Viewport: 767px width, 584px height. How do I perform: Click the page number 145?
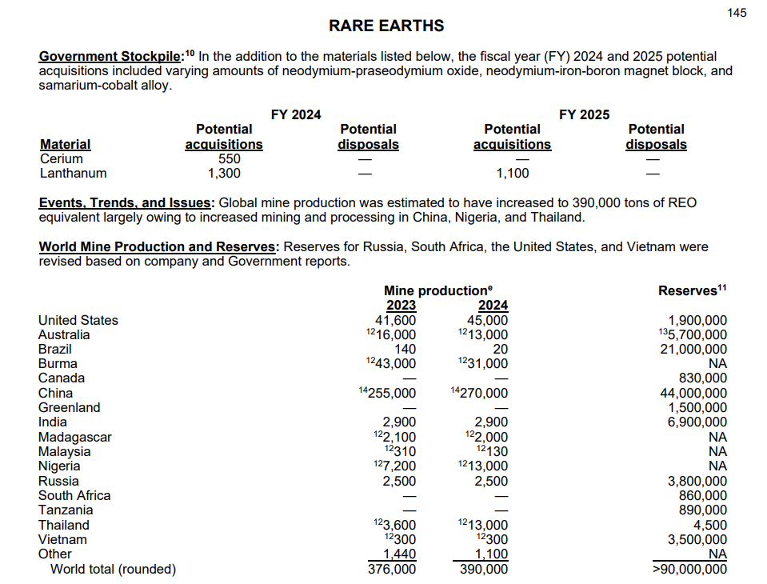(737, 12)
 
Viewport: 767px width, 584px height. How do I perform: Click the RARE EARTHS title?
(386, 26)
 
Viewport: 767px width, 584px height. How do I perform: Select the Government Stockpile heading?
(111, 57)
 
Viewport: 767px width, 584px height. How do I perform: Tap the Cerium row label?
(61, 158)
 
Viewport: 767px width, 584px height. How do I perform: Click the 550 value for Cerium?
(230, 158)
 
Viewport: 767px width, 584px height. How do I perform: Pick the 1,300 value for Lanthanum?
(224, 173)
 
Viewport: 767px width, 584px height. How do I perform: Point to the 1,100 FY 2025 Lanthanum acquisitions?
(513, 173)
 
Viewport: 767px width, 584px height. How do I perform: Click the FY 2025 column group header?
(584, 114)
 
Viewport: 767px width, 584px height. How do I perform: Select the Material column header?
(66, 144)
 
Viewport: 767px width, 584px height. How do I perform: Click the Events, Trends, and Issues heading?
(126, 202)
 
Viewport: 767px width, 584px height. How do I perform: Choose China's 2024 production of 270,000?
(483, 393)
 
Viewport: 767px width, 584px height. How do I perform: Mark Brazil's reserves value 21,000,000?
(693, 349)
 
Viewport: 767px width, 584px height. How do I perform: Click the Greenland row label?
(70, 407)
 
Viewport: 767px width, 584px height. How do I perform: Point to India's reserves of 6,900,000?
(697, 422)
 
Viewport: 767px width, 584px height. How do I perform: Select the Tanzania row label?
(66, 510)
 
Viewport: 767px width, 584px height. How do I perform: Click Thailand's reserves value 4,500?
(710, 525)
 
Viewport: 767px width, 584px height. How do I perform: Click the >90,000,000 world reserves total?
(690, 569)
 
